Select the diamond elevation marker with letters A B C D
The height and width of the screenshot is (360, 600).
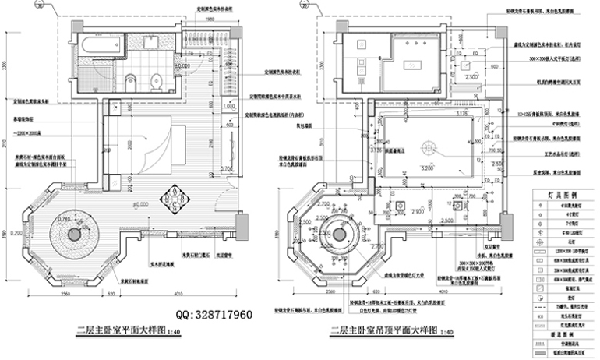(170, 199)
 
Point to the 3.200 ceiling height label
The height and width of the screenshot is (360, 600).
(426, 168)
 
